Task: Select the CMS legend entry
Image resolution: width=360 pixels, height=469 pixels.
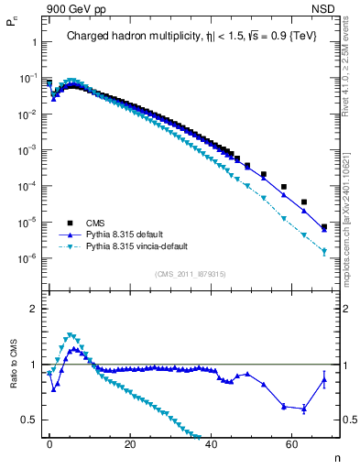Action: pyautogui.click(x=95, y=223)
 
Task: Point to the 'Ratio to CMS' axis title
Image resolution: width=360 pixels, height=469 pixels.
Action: pyautogui.click(x=11, y=378)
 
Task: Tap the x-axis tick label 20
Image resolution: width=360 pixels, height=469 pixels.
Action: pyautogui.click(x=130, y=444)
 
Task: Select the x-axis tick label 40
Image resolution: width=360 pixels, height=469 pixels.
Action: pyautogui.click(x=212, y=444)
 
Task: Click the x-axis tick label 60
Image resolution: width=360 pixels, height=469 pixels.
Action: pyautogui.click(x=292, y=444)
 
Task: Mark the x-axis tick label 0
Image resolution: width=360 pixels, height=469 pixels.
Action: pyautogui.click(x=49, y=444)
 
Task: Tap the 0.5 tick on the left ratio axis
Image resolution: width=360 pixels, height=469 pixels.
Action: pyautogui.click(x=29, y=420)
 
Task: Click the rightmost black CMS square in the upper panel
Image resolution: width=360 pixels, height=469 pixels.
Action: pyautogui.click(x=324, y=226)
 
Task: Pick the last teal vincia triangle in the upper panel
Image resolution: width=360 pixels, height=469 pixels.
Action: pyautogui.click(x=324, y=251)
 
